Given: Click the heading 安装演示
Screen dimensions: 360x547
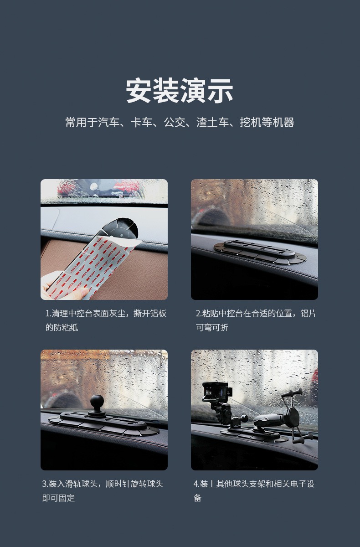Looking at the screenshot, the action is (x=180, y=91).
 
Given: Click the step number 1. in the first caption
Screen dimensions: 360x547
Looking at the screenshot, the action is (x=48, y=313).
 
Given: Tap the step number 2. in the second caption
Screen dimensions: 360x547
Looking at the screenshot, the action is (x=199, y=313).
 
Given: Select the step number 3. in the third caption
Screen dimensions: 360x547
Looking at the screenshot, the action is (x=45, y=484).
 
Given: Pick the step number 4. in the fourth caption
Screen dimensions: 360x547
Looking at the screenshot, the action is (x=196, y=484).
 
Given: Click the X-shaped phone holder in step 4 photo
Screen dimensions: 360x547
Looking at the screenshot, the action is (x=293, y=415).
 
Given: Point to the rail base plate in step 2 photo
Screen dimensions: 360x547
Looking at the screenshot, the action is (x=260, y=252).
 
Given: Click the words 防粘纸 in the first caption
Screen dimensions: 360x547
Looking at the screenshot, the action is (x=66, y=327).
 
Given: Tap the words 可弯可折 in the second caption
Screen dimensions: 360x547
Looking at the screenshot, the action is (x=212, y=327).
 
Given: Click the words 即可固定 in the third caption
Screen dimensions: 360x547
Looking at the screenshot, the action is (x=58, y=498).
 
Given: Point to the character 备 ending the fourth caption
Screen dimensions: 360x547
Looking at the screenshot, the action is (x=197, y=498).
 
